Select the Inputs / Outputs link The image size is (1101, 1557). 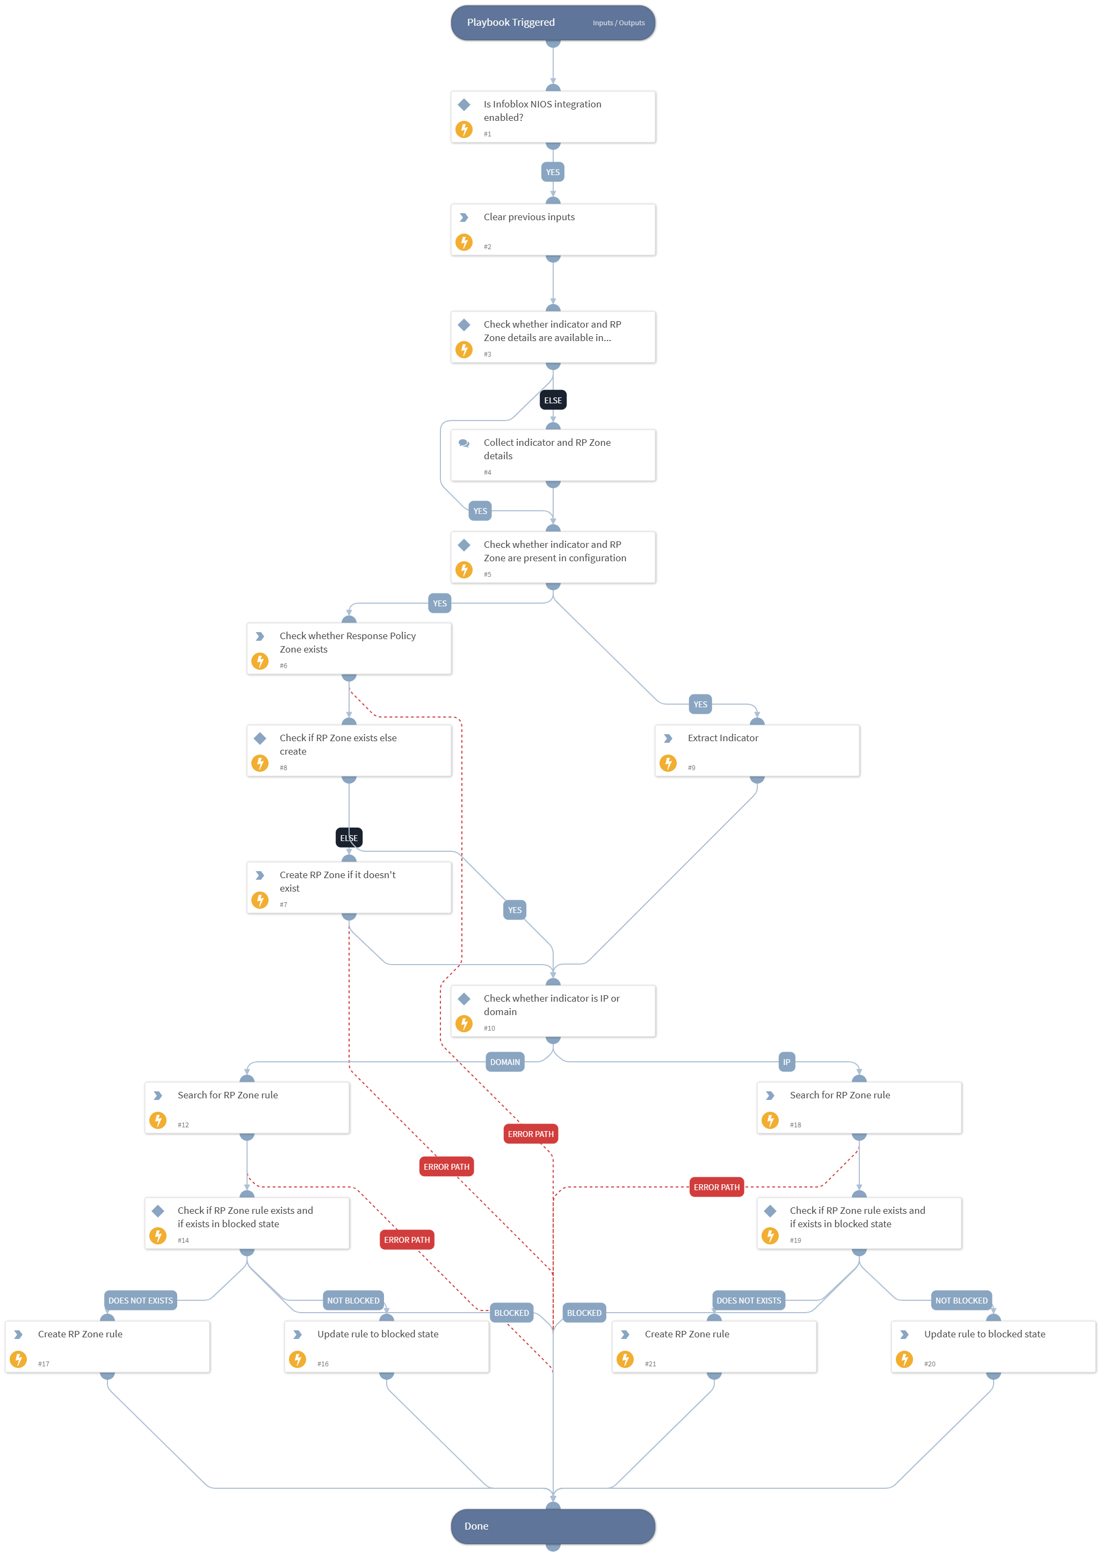[x=618, y=23]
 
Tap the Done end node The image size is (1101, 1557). [x=553, y=1526]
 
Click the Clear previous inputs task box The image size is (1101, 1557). [x=553, y=230]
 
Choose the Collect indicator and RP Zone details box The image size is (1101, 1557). [x=553, y=455]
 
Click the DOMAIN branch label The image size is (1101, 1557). [x=505, y=1062]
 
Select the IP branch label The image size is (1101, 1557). [x=786, y=1062]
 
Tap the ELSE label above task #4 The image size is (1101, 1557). [x=553, y=400]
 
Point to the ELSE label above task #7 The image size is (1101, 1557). [x=349, y=838]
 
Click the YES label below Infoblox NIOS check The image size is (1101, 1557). [x=553, y=172]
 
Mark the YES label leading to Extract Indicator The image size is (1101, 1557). [x=700, y=705]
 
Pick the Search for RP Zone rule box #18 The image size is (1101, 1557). [x=859, y=1108]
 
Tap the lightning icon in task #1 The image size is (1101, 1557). [x=463, y=129]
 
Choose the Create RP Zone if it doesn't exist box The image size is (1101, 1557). [x=349, y=888]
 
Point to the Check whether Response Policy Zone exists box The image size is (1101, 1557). [x=349, y=649]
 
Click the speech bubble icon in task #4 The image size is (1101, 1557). [x=463, y=443]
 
